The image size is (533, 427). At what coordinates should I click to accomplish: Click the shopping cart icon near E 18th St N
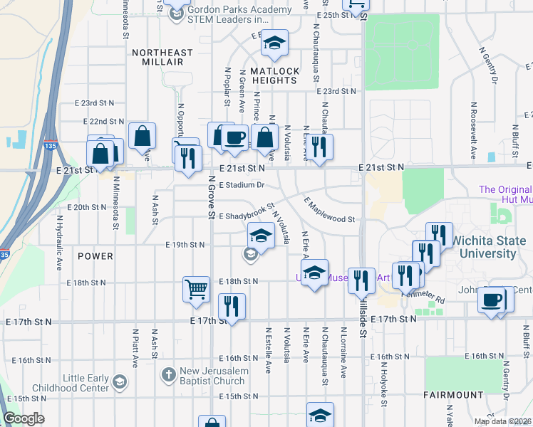[x=196, y=289]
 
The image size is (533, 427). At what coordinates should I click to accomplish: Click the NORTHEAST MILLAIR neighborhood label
[x=162, y=58]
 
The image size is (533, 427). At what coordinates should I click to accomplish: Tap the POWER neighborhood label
[x=95, y=256]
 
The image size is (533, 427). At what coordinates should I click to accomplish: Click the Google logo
[x=24, y=418]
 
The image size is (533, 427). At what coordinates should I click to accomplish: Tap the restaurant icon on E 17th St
[x=232, y=307]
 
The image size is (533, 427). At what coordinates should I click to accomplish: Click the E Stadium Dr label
[x=242, y=185]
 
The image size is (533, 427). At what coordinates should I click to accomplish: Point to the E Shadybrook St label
[x=247, y=214]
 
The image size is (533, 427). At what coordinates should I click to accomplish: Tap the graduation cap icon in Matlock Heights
[x=274, y=44]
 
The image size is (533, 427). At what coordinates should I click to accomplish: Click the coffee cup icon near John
[x=492, y=300]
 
